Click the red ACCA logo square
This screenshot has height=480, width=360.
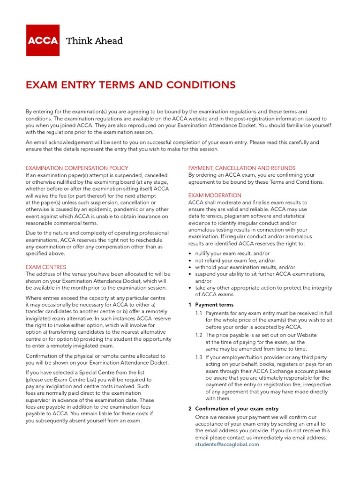pyautogui.click(x=43, y=40)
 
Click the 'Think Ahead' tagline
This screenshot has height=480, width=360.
pyautogui.click(x=95, y=41)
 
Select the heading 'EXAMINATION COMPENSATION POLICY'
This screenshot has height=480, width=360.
pyautogui.click(x=77, y=168)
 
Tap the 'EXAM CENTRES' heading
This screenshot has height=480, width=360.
pyautogui.click(x=46, y=267)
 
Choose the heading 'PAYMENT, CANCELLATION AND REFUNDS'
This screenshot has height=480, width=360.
pyautogui.click(x=242, y=168)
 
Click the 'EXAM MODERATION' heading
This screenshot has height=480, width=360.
pyautogui.click(x=215, y=195)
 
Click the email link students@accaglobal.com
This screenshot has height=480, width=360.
pyautogui.click(x=227, y=444)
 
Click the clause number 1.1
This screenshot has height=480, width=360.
pyautogui.click(x=199, y=313)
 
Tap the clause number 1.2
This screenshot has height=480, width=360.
pyautogui.click(x=199, y=335)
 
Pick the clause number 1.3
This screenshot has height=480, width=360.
pyautogui.click(x=199, y=357)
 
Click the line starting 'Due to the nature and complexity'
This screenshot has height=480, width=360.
pyautogui.click(x=97, y=233)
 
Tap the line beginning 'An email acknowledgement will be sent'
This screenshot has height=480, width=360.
pyautogui.click(x=172, y=142)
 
